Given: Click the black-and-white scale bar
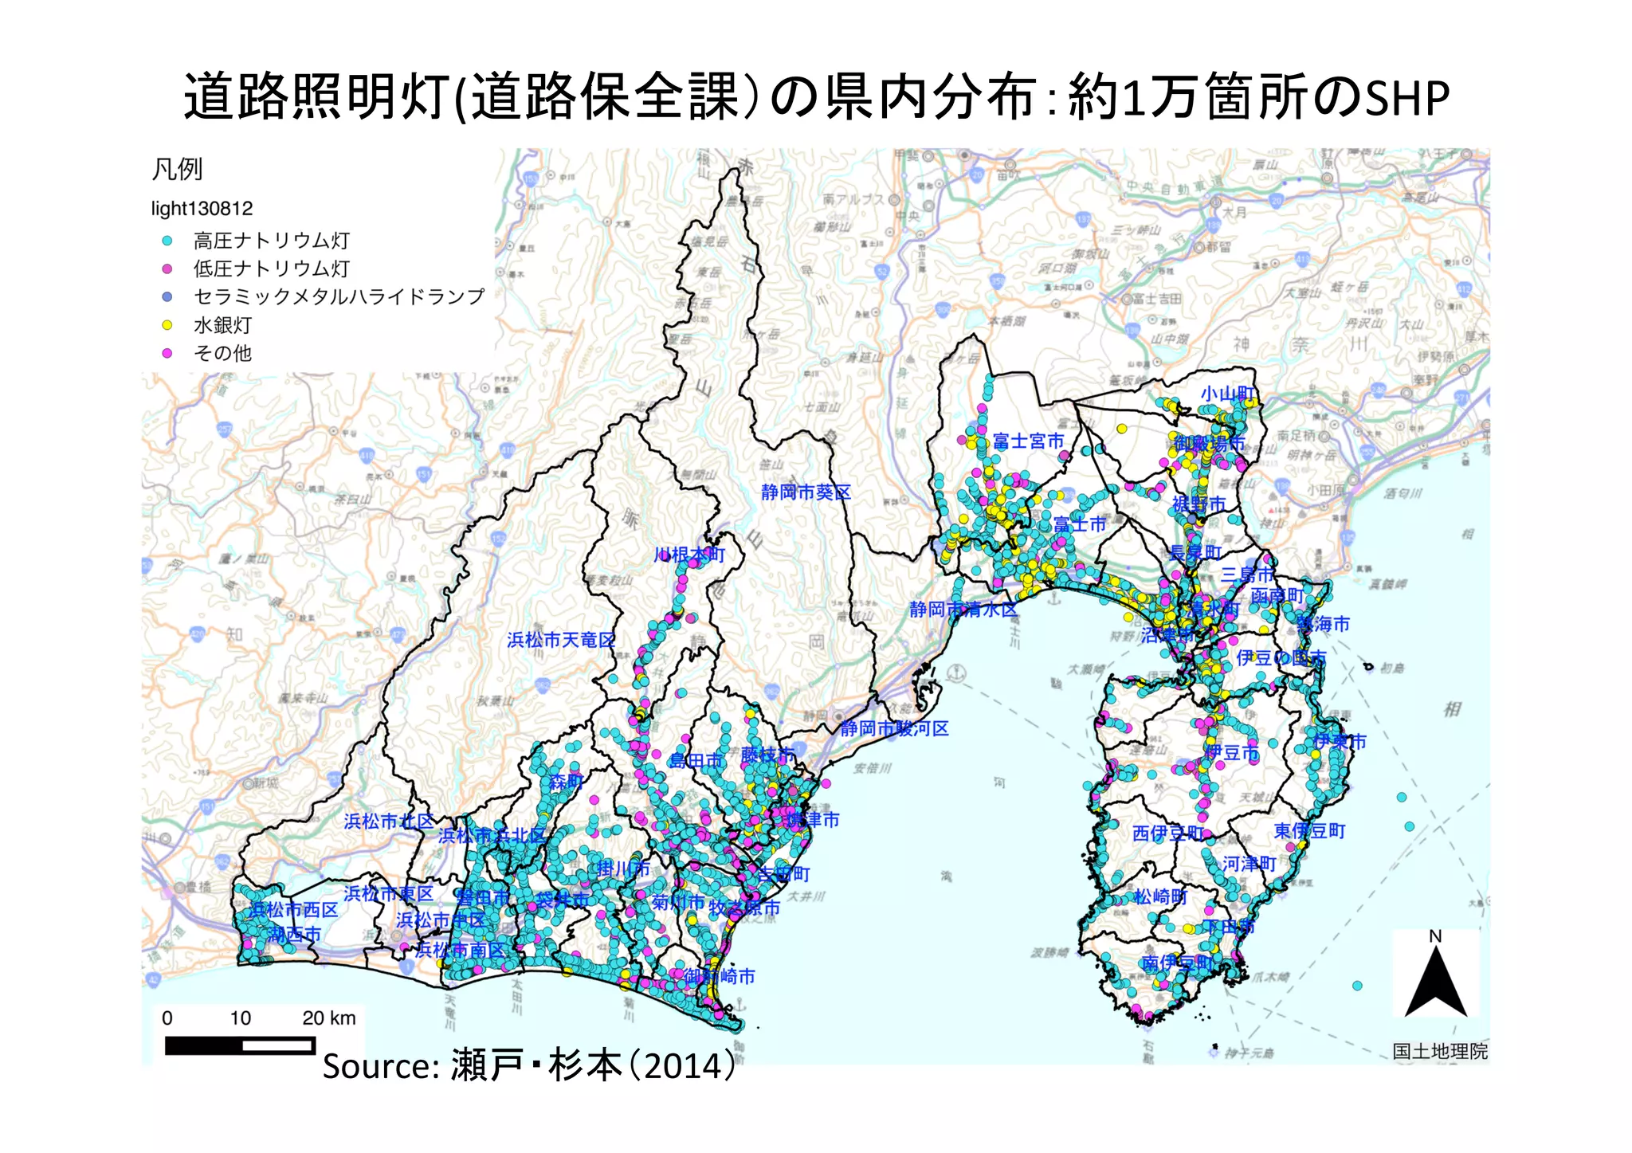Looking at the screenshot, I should pos(239,1045).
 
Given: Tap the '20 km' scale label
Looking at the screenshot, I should pos(328,1018).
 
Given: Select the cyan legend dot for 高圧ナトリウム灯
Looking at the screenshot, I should pos(167,240).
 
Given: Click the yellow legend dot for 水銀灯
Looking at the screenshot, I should pos(167,325).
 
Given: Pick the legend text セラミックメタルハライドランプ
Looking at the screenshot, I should pos(339,296).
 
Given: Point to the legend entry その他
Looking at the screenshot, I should pos(222,353).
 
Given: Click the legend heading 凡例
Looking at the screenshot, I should pos(177,169).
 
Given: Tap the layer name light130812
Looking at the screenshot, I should pos(202,209).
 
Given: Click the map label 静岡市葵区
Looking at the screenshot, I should pos(806,492).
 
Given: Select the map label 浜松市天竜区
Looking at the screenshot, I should pos(561,640).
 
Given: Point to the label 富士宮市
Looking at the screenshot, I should pos(1028,441).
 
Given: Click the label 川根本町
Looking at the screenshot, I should pos(689,555).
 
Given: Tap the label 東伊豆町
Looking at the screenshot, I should pos(1309,831).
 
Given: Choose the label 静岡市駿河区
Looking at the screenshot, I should pos(894,728).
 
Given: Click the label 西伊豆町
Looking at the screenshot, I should pos(1167,833).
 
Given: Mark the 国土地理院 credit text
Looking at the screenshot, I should pos(1440,1051).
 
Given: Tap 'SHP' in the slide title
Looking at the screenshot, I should pos(1407,99).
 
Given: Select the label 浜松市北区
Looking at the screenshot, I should pos(388,821).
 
